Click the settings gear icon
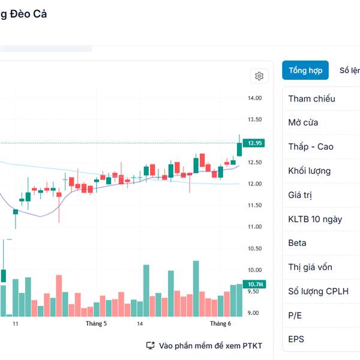(259, 76)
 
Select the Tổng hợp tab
(305, 70)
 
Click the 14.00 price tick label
(255, 98)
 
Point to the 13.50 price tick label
(255, 119)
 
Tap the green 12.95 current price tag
(255, 143)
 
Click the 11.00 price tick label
(255, 227)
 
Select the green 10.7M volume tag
(255, 284)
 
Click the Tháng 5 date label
(96, 324)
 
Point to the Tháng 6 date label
(220, 324)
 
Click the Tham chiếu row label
(311, 98)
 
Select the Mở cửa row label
(303, 122)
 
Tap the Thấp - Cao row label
(310, 146)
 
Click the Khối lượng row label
(309, 170)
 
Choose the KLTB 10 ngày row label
(315, 219)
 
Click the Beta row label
(297, 243)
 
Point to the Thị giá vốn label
(310, 267)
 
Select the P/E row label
(295, 315)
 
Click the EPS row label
(296, 339)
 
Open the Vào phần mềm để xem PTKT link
(205, 346)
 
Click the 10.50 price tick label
(255, 248)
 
